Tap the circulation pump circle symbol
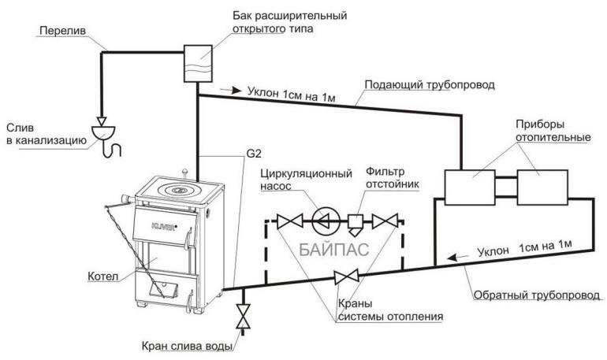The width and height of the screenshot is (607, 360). pyautogui.click(x=322, y=221)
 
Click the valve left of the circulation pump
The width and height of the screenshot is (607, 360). pyautogui.click(x=292, y=221)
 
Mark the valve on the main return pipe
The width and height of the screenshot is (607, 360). pyautogui.click(x=343, y=276)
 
